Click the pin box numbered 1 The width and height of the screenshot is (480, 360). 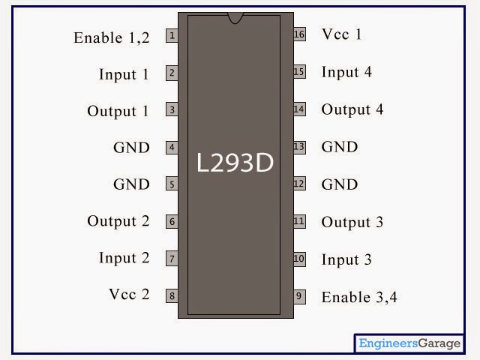tap(172, 35)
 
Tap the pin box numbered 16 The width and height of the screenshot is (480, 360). tap(299, 34)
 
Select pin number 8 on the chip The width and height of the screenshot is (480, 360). tap(172, 295)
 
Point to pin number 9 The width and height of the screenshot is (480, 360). tap(299, 295)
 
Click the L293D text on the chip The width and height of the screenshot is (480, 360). tap(235, 163)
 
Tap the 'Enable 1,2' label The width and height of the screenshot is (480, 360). tap(112, 37)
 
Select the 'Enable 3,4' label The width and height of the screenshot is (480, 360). tap(359, 297)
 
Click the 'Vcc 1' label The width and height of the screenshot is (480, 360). tap(341, 34)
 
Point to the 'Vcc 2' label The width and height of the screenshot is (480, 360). tap(129, 294)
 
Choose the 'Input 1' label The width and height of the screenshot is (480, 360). tap(124, 74)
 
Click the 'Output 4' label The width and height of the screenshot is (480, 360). tap(352, 109)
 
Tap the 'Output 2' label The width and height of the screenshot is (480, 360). tap(118, 221)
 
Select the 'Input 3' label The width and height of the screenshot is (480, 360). tap(346, 259)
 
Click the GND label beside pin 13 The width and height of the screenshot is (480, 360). tap(340, 147)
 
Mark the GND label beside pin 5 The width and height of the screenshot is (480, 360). tap(131, 184)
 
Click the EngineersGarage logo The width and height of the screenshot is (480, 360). tap(409, 343)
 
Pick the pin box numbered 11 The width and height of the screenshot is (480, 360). tap(299, 221)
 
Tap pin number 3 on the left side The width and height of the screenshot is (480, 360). tap(172, 110)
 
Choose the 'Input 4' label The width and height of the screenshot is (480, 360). tap(346, 72)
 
